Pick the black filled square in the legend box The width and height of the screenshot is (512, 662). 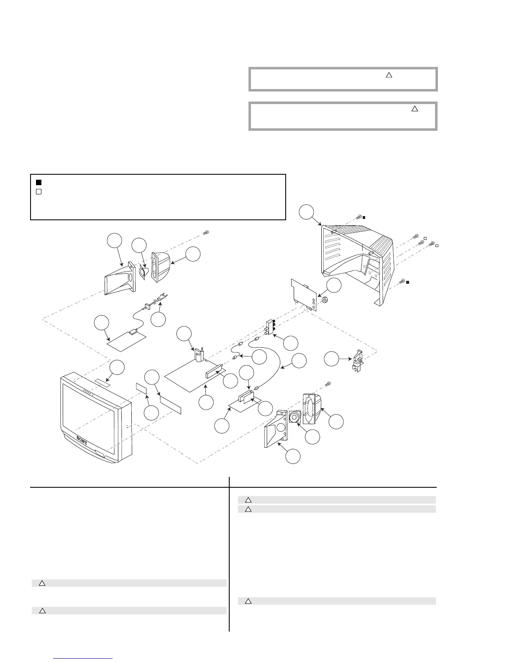[x=38, y=182]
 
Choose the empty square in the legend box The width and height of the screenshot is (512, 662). [x=38, y=192]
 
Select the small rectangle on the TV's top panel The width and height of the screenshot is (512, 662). [x=103, y=382]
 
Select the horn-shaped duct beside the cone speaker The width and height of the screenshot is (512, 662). [x=118, y=278]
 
